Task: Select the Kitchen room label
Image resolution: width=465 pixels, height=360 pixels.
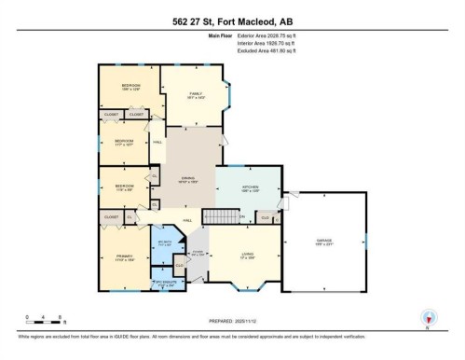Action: [x=250, y=188]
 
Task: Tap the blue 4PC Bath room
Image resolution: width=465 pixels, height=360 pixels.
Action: [x=165, y=243]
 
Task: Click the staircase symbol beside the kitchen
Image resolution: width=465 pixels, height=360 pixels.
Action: [x=219, y=216]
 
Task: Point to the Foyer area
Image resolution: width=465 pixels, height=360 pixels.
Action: [x=197, y=253]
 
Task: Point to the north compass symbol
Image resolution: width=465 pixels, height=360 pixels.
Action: [x=428, y=317]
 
